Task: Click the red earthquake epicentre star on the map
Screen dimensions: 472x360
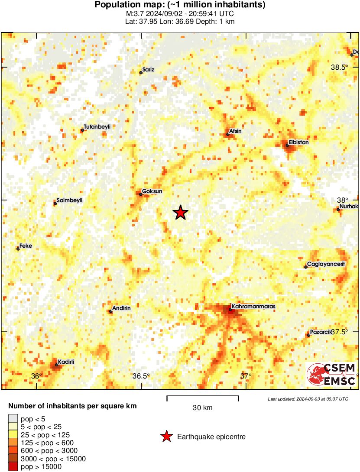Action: (x=181, y=213)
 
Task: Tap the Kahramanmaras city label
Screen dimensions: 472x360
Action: (x=253, y=307)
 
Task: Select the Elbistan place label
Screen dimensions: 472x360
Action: (x=299, y=142)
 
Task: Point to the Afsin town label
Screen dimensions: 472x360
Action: (x=235, y=131)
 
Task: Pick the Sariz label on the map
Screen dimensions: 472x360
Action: (x=148, y=69)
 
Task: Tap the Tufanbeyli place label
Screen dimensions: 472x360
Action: (x=97, y=126)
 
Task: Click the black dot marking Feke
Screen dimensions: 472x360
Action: (x=18, y=249)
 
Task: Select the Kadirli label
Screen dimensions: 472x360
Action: (x=66, y=362)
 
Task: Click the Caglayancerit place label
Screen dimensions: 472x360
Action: (x=326, y=264)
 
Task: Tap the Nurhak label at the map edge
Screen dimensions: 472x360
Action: (x=349, y=207)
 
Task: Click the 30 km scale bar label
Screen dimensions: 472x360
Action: (x=202, y=407)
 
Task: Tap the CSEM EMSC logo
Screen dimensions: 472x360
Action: (x=332, y=375)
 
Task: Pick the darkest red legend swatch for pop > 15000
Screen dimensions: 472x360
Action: (x=13, y=467)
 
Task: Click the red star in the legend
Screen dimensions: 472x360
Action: (x=166, y=437)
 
